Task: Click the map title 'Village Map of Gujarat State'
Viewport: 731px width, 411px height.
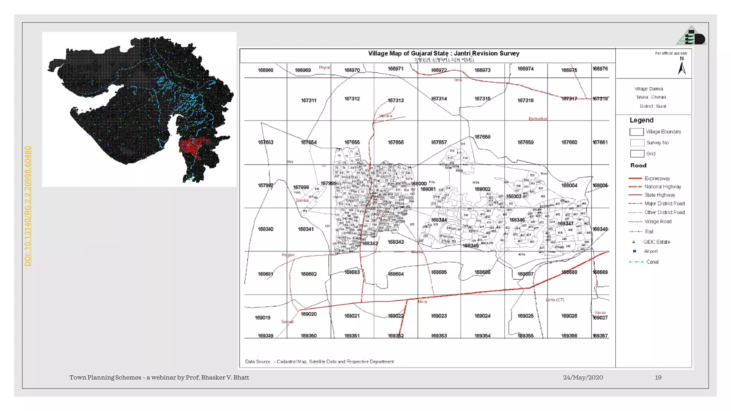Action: [x=443, y=54]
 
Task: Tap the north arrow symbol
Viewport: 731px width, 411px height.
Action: [x=682, y=67]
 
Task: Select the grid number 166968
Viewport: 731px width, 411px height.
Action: [x=266, y=70]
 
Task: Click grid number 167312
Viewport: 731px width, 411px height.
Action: [x=352, y=99]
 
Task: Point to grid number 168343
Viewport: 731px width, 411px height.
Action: [x=395, y=242]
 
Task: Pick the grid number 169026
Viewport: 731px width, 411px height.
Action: [x=569, y=316]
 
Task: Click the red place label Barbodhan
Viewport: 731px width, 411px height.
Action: [x=538, y=119]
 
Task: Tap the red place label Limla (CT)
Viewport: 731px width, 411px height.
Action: [x=555, y=300]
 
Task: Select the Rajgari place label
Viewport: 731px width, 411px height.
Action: [x=288, y=255]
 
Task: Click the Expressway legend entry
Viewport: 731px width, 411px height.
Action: [x=657, y=178]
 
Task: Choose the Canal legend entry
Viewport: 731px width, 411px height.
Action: [x=652, y=262]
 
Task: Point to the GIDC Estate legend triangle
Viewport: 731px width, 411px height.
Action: [x=634, y=242]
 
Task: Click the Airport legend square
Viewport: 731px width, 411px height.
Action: [x=634, y=251]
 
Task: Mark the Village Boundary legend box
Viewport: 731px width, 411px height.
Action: [x=636, y=132]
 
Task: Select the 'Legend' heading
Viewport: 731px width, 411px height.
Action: [x=641, y=120]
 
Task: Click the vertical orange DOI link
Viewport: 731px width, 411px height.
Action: [x=27, y=206]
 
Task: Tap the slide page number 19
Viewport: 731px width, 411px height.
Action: [x=658, y=377]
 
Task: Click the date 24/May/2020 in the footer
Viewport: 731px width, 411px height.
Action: [x=583, y=377]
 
